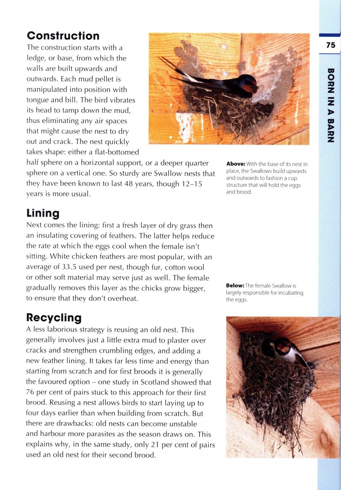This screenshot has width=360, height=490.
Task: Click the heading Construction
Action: pos(63,36)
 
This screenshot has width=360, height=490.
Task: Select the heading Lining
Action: pos(43,213)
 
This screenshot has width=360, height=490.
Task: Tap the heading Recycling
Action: pos(54,318)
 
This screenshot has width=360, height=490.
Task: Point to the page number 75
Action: pos(331,45)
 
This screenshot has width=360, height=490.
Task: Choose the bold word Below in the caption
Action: pos(235,286)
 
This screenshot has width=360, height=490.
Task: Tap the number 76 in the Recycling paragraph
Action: pos(31,393)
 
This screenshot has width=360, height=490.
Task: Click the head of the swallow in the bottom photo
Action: pos(283,347)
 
